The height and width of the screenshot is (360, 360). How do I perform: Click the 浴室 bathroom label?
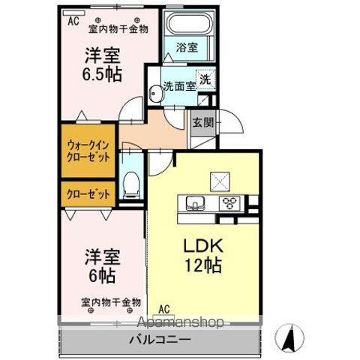point(187,47)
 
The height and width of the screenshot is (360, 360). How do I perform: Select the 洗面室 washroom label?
point(180,86)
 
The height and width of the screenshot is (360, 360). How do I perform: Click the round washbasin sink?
point(155,94)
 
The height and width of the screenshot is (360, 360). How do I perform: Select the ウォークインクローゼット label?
point(88,151)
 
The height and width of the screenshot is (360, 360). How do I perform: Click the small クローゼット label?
point(88,194)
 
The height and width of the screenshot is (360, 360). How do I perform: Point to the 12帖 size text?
point(202,265)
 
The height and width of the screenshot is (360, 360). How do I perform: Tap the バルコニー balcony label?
point(163,339)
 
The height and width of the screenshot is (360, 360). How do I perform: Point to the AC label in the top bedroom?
point(73,22)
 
